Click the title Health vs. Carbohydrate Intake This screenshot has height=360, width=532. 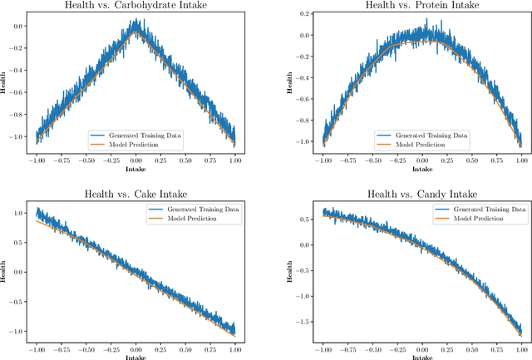coord(137,7)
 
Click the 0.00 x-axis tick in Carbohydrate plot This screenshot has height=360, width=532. coord(136,161)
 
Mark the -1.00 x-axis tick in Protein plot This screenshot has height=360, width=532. coord(321,161)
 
